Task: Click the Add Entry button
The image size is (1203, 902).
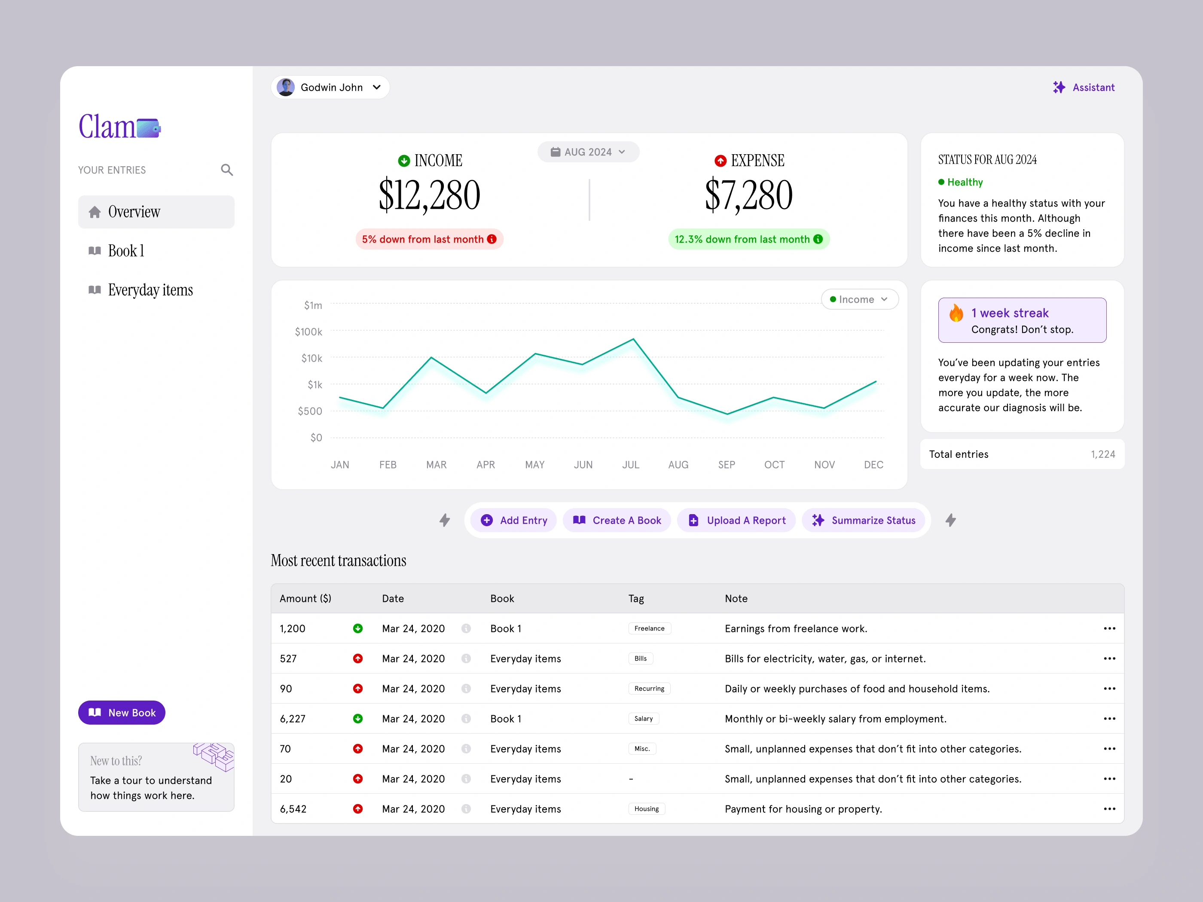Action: pos(513,520)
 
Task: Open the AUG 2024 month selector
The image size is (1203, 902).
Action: pos(588,152)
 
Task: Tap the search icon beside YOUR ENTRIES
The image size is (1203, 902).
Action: pos(227,170)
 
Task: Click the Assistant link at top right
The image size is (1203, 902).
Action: pos(1084,88)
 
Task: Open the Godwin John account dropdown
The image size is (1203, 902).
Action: pos(330,88)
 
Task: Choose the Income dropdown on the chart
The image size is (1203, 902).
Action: pos(859,299)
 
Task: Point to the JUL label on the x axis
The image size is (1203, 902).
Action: pos(631,465)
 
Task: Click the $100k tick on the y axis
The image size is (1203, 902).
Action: pos(308,332)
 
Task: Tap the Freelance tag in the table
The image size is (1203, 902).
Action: pos(649,628)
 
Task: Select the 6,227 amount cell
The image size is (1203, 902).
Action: pos(293,719)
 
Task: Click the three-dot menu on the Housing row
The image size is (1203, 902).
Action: pos(1109,809)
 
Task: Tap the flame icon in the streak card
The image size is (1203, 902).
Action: pos(956,314)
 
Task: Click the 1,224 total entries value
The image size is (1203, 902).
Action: pos(1102,454)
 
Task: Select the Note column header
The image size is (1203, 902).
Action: pos(736,599)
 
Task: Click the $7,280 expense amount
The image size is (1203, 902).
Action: pos(748,196)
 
